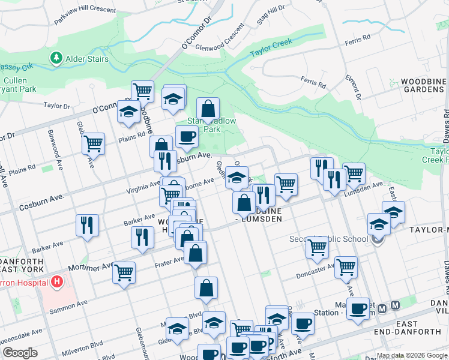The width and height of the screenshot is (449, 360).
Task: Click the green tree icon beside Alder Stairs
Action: [x=56, y=58]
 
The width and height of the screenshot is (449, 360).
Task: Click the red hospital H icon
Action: [x=57, y=280]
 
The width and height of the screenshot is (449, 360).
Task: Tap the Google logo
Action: [x=20, y=353]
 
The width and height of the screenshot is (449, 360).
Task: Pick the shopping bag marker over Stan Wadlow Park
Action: [x=208, y=109]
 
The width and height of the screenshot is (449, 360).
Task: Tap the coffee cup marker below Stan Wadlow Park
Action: [x=186, y=137]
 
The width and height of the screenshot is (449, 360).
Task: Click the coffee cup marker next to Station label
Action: [x=358, y=310]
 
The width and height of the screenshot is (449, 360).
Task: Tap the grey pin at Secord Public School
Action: [x=378, y=240]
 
